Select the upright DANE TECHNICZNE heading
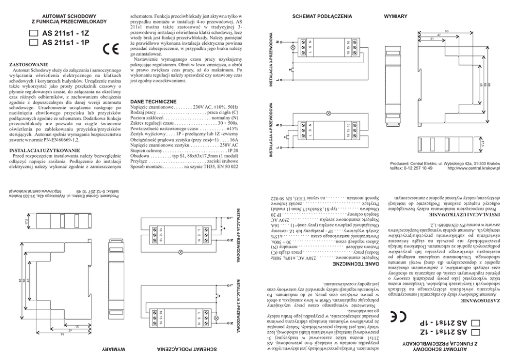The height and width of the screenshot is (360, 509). pos(154,102)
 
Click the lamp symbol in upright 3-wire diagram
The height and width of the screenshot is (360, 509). pos(293,48)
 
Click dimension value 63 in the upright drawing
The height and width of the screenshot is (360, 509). pos(447,31)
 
